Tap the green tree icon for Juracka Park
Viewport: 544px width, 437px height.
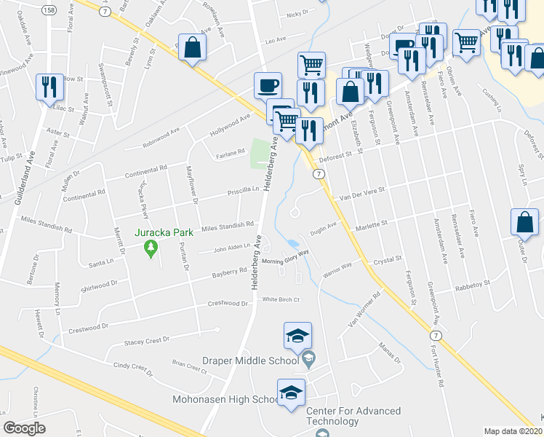pos(151,249)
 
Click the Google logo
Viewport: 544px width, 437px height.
pos(24,428)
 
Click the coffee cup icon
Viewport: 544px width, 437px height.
pos(268,85)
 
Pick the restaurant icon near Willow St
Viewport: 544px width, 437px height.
pos(49,87)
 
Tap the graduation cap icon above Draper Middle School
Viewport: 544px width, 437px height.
pos(298,335)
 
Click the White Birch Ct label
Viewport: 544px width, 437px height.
pos(281,299)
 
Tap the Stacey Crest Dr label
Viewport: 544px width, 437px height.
pos(146,339)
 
